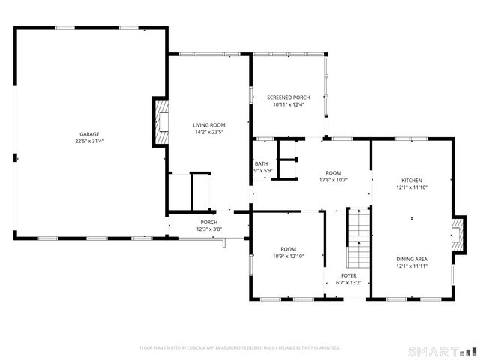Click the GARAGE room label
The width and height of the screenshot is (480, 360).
(x=89, y=134)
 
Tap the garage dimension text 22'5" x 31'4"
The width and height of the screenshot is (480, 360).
(x=89, y=141)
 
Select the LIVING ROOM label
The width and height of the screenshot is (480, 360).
(x=209, y=125)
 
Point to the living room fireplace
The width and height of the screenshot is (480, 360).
(x=160, y=121)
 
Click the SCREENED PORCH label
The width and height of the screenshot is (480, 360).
(x=289, y=97)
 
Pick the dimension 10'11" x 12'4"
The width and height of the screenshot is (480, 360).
(x=289, y=104)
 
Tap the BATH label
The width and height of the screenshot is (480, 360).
(x=261, y=163)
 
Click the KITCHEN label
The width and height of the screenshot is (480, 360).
(x=412, y=181)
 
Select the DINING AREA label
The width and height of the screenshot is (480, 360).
(x=412, y=259)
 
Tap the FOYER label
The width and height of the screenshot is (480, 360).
(x=349, y=276)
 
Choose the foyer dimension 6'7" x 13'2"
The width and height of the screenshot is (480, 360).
(x=349, y=283)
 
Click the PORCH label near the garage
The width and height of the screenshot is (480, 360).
(x=208, y=222)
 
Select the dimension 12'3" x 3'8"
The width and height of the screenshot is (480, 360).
(x=208, y=229)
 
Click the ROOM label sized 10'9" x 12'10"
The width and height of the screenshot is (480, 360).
(x=288, y=249)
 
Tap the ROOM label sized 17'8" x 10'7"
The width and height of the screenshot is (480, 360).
(x=333, y=172)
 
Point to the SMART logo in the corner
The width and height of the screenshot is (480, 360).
(x=441, y=351)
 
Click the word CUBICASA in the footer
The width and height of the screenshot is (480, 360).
(x=202, y=348)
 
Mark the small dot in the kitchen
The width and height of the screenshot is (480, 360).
(x=412, y=219)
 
